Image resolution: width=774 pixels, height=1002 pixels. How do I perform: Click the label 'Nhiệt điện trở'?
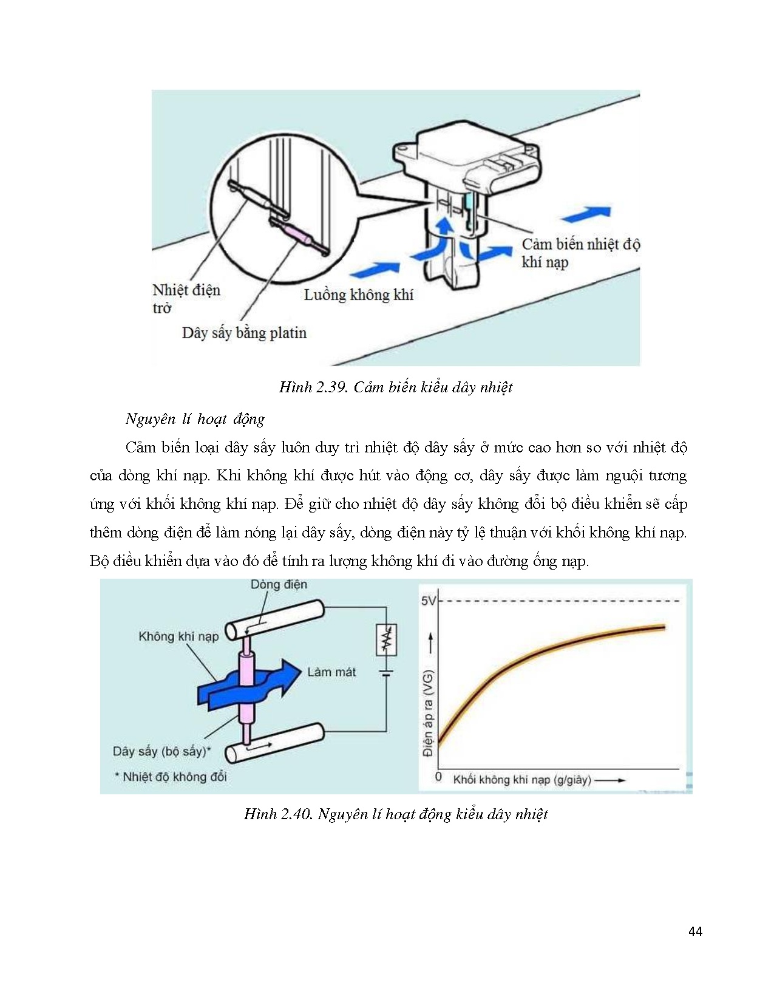tap(185, 298)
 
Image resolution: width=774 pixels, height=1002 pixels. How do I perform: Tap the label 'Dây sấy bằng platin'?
tap(244, 333)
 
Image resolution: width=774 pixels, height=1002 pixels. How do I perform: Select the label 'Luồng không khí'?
tap(358, 295)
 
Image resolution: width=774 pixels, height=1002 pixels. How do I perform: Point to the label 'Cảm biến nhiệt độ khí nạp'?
tap(580, 253)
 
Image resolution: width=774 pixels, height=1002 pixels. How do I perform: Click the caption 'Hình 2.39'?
tap(395, 387)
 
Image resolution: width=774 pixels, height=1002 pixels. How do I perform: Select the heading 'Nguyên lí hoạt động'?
tap(195, 419)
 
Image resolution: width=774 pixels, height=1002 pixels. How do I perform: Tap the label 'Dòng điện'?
tap(279, 584)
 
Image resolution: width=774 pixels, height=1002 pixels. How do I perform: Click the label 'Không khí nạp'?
tap(178, 636)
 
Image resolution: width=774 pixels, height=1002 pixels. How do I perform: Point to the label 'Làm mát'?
tap(331, 672)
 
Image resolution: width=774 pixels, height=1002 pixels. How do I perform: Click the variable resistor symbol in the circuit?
tap(387, 639)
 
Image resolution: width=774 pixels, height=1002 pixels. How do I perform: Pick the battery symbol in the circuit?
tap(387, 672)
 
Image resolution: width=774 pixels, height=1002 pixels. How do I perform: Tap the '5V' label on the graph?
tap(428, 601)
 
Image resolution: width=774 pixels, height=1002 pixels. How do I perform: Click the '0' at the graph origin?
tap(438, 777)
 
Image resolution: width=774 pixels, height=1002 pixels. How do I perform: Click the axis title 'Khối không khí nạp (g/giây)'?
tap(521, 780)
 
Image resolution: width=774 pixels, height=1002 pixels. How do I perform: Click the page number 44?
tap(695, 931)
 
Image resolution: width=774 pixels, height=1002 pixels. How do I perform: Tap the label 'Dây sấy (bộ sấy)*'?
tap(161, 751)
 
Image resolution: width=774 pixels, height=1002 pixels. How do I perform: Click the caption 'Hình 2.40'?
tap(395, 814)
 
